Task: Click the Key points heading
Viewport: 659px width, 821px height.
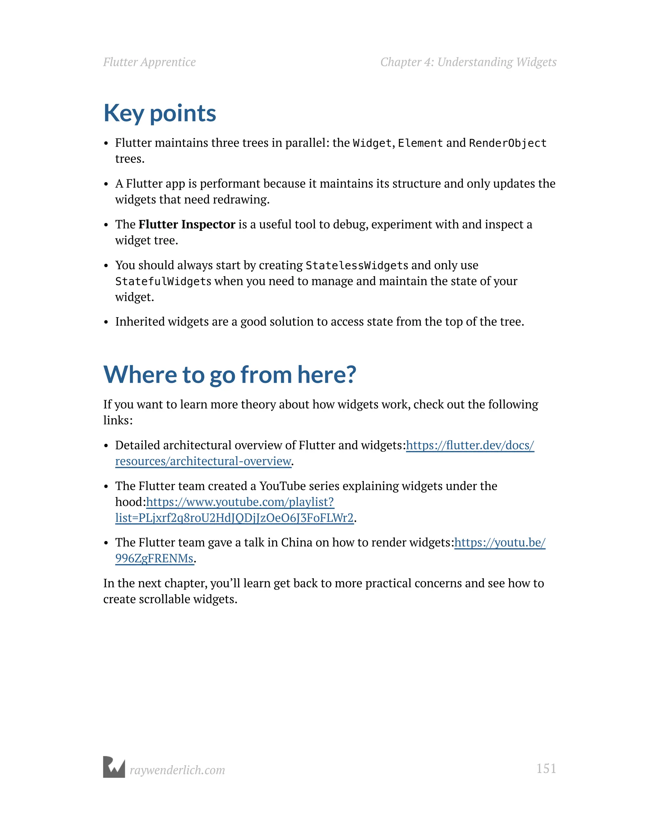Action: (x=160, y=113)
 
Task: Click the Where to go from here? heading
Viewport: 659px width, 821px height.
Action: (x=230, y=374)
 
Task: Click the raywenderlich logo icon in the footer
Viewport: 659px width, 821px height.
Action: (x=114, y=767)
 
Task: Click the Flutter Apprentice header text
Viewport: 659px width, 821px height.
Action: (x=149, y=62)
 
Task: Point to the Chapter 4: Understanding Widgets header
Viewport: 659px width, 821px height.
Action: (x=468, y=62)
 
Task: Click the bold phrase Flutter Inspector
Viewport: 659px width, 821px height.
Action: (x=187, y=224)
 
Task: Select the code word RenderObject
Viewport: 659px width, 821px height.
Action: (x=507, y=143)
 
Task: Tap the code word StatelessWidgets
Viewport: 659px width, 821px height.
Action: (x=357, y=265)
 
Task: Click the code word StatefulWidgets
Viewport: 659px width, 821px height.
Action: (x=163, y=281)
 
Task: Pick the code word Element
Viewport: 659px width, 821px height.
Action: (x=420, y=143)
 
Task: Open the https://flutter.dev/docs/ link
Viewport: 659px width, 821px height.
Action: (x=470, y=445)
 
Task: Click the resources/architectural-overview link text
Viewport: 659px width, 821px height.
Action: (x=203, y=461)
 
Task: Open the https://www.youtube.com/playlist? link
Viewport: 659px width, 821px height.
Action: (x=240, y=502)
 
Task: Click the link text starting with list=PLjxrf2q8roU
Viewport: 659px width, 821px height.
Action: (x=234, y=518)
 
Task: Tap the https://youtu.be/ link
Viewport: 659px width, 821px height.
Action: (x=499, y=542)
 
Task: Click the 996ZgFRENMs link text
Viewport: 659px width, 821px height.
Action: (x=154, y=558)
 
